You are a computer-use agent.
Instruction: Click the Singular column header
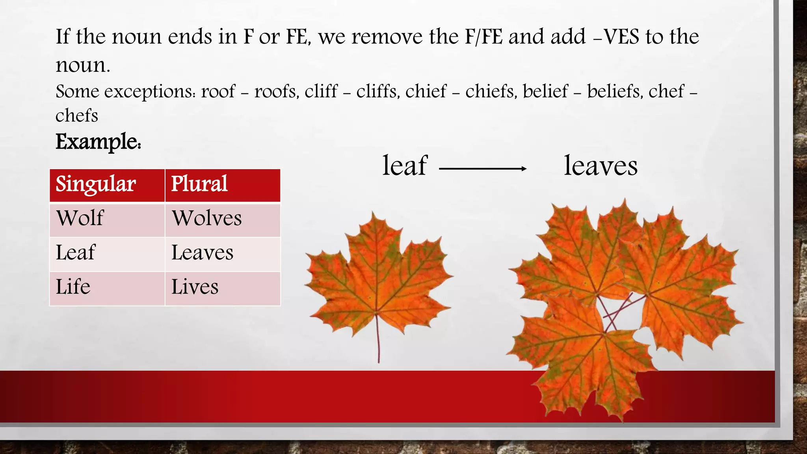click(96, 184)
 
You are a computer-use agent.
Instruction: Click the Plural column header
click(199, 184)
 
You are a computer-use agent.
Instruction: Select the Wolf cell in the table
click(80, 218)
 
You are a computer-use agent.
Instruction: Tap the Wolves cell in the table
click(207, 218)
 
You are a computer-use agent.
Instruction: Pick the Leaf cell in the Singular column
click(75, 253)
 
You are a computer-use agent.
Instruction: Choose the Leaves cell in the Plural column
click(203, 253)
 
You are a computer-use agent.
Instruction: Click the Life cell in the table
click(73, 287)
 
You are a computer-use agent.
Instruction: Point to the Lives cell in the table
click(195, 287)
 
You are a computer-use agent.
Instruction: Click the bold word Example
click(98, 142)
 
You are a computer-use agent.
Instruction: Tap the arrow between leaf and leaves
click(483, 169)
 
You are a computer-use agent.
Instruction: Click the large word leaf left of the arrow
click(405, 166)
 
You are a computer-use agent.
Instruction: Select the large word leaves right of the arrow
click(601, 166)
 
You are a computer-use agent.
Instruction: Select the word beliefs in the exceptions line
click(615, 92)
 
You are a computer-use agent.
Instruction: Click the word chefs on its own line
click(77, 116)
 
